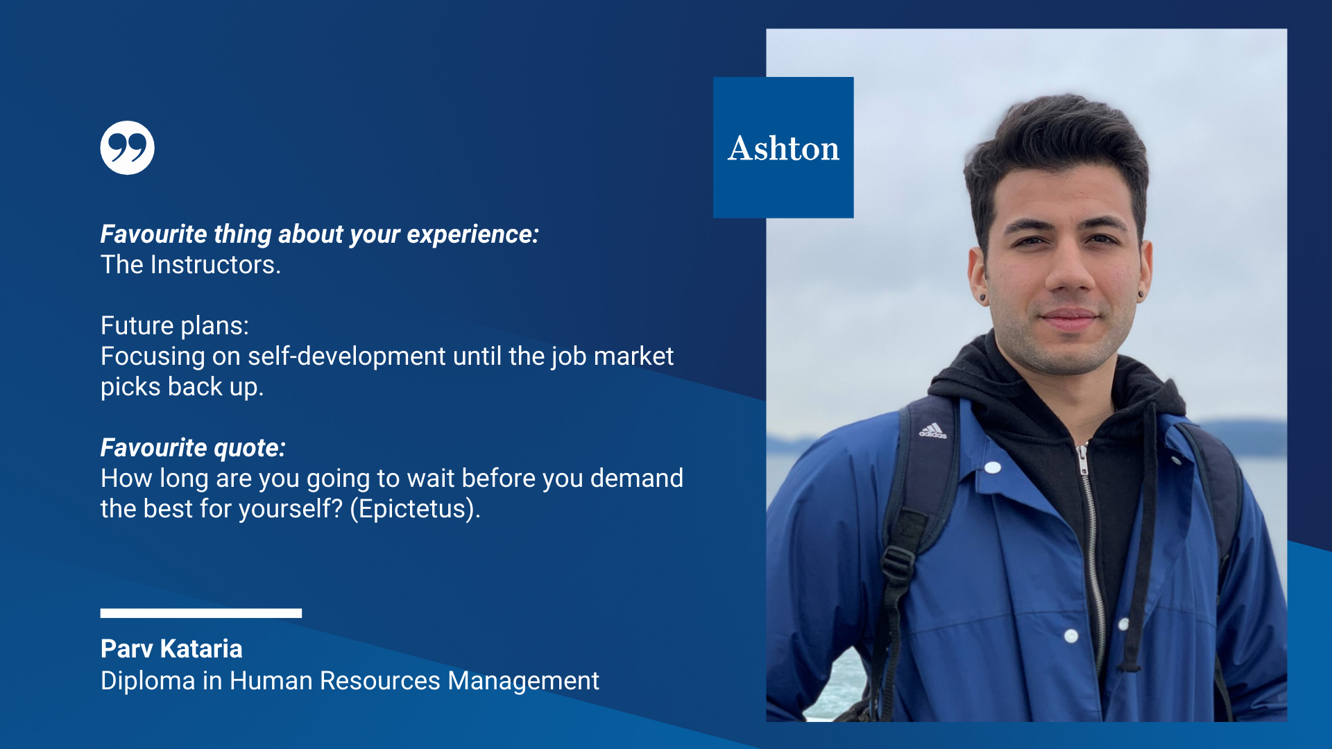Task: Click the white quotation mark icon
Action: tap(127, 148)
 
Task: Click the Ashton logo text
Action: tap(783, 148)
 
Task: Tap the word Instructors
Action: tap(216, 265)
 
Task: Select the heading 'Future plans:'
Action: tap(175, 326)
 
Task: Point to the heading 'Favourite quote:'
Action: tap(193, 448)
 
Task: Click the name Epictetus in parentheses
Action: tap(415, 509)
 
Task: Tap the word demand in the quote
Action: tap(637, 479)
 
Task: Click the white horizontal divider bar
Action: tap(201, 613)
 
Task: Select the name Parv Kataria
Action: tap(171, 649)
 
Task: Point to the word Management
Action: tap(523, 681)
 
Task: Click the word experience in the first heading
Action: tap(472, 234)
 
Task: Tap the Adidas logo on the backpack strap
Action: tap(933, 431)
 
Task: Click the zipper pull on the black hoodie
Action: tap(1082, 459)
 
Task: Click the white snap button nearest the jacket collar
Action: tap(993, 467)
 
